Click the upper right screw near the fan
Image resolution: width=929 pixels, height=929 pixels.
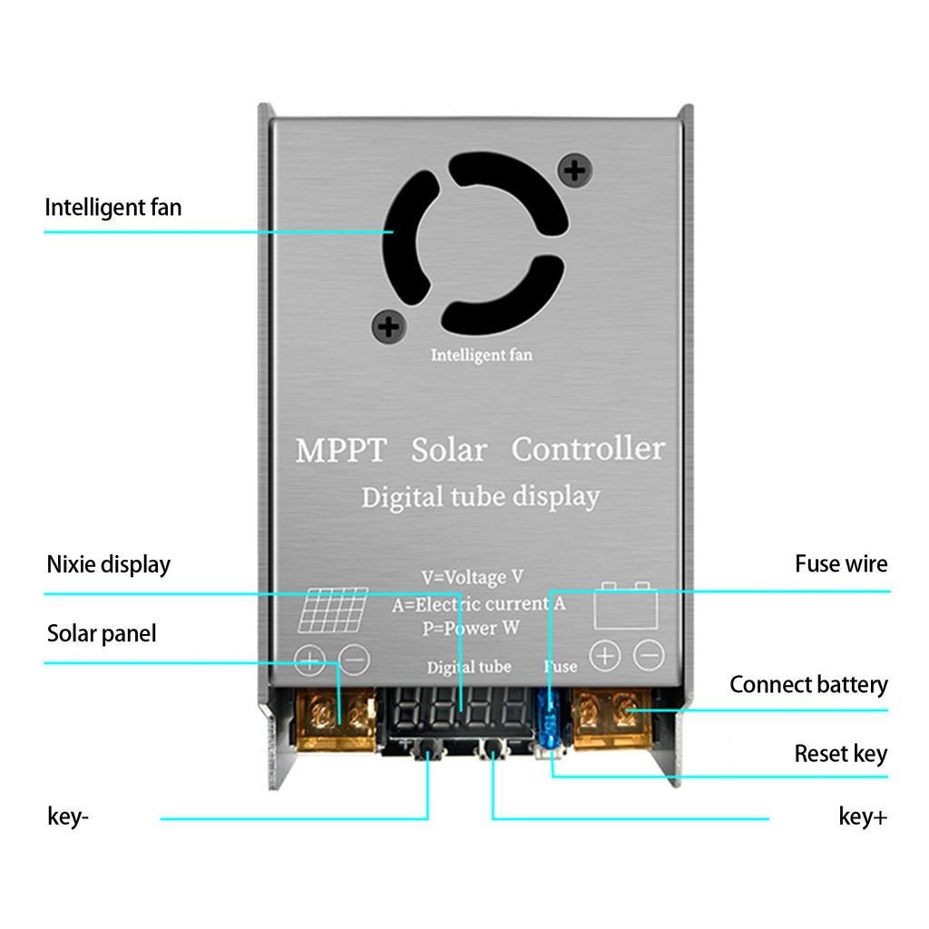[x=574, y=170]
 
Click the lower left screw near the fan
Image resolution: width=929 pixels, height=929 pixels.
[x=388, y=326]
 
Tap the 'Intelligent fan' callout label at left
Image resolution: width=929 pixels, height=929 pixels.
[x=113, y=208]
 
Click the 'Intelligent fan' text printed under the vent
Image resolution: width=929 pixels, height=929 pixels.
[x=481, y=355]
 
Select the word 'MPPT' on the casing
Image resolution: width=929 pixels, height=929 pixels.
[x=341, y=450]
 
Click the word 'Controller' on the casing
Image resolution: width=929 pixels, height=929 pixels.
[x=588, y=448]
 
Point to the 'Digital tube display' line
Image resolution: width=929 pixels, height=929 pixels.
[x=480, y=497]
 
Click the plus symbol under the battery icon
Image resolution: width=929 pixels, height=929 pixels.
[x=605, y=655]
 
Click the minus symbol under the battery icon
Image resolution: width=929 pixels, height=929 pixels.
[x=649, y=655]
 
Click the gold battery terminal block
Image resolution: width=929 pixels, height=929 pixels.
[x=612, y=718]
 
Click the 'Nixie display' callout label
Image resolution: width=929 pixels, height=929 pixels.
[x=108, y=564]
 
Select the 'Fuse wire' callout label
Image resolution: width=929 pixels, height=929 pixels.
[x=841, y=563]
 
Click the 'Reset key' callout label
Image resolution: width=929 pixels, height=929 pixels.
[x=840, y=754]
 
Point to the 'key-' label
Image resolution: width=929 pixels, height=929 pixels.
[x=68, y=817]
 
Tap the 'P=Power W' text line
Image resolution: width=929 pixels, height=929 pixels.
[x=470, y=627]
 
